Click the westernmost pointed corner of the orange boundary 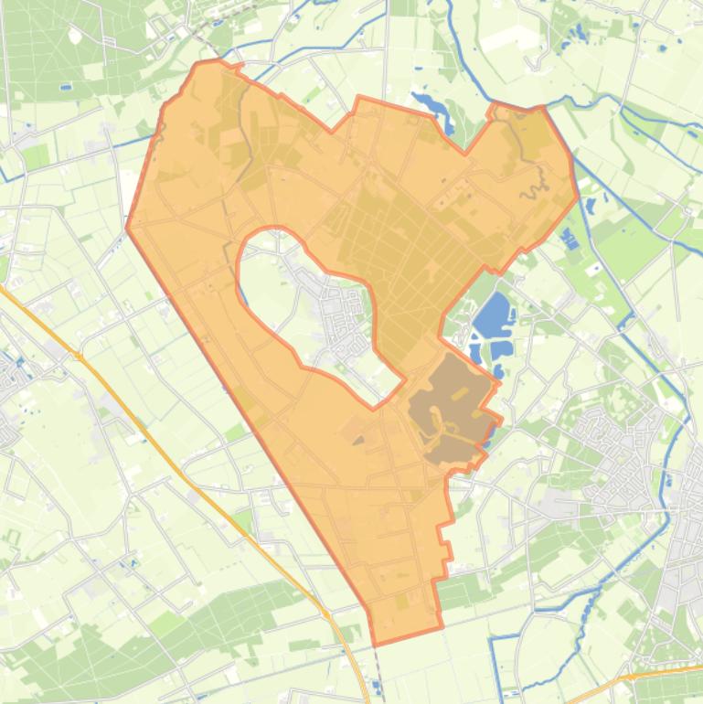click(x=126, y=228)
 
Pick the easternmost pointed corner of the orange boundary click(x=578, y=195)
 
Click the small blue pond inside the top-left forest click(x=65, y=88)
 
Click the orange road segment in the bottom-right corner click(x=658, y=675)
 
